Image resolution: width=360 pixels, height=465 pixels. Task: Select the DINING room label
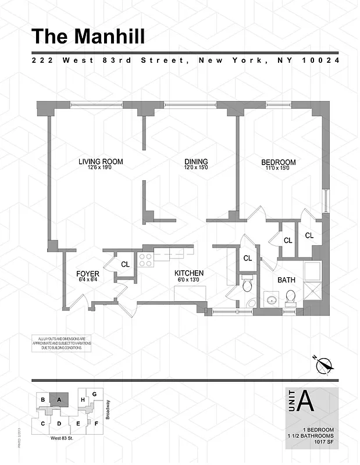[x=196, y=162]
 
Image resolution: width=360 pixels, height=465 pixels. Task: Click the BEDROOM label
[x=278, y=163]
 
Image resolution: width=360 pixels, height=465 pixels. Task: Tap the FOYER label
[x=88, y=274]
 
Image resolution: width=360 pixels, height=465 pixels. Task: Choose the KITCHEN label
[x=189, y=273]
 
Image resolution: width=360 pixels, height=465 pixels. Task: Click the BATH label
[x=286, y=280]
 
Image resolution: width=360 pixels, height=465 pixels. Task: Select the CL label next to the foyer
[x=125, y=264]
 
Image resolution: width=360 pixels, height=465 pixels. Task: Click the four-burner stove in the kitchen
[x=145, y=260]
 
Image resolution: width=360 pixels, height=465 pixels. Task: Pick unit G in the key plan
[x=94, y=394]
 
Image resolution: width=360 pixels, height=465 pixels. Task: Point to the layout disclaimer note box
[x=60, y=344]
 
